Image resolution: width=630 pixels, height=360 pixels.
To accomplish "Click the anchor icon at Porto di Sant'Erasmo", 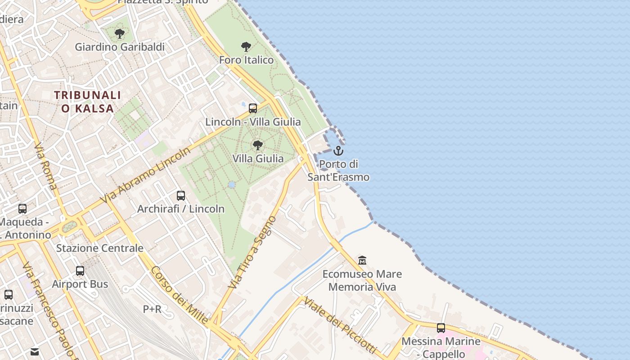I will (x=338, y=151).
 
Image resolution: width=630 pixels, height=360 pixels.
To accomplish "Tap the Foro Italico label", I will (x=246, y=60).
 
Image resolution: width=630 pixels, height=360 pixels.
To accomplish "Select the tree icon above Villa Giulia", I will (x=258, y=145).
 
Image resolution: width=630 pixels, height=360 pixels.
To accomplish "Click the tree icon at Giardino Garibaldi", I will (x=119, y=33).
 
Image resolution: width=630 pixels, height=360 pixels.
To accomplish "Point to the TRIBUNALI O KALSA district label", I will (x=88, y=102).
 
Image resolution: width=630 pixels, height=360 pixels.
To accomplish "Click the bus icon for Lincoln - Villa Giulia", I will (x=253, y=108).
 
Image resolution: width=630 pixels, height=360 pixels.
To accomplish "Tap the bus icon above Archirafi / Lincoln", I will (x=181, y=196).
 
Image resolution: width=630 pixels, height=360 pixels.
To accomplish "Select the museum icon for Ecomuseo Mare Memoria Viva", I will (x=362, y=261).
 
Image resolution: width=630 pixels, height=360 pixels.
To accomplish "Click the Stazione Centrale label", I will (x=99, y=248).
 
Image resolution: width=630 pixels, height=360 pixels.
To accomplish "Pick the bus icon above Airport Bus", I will (x=80, y=271).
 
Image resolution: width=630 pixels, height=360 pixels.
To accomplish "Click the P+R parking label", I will (x=152, y=309).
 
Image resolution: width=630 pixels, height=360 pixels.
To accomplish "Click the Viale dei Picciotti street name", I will (x=339, y=325).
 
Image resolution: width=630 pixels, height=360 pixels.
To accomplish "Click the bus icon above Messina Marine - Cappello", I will (x=441, y=328).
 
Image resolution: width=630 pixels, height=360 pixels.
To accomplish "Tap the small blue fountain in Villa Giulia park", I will (x=232, y=184).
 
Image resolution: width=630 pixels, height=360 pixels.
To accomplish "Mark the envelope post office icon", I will (x=35, y=352).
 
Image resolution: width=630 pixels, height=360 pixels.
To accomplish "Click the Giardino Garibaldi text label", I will (x=120, y=47).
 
